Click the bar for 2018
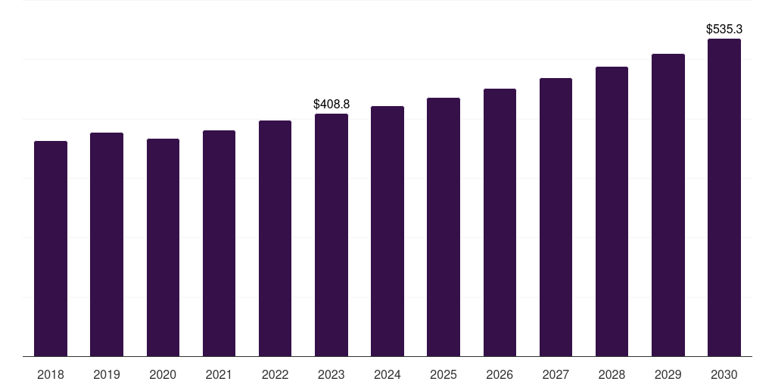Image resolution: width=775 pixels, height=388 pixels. pyautogui.click(x=51, y=249)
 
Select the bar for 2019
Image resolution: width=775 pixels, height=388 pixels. pyautogui.click(x=107, y=245)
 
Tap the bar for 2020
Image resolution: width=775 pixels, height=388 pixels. pyautogui.click(x=163, y=248)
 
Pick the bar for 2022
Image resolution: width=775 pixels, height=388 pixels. pyautogui.click(x=275, y=239)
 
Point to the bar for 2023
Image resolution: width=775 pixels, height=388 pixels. pyautogui.click(x=331, y=235)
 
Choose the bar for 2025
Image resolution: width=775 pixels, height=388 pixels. pyautogui.click(x=444, y=227)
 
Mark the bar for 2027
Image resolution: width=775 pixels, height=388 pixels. pyautogui.click(x=556, y=217)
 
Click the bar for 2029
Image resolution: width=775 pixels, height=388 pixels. pyautogui.click(x=668, y=205)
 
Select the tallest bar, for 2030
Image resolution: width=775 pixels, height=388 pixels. pyautogui.click(x=724, y=198)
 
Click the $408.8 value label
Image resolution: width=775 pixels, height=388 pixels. pyautogui.click(x=331, y=104)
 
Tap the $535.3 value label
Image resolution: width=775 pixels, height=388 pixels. pyautogui.click(x=724, y=30)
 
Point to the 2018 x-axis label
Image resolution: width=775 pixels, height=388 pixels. pyautogui.click(x=51, y=374)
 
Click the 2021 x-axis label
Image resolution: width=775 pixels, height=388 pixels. pyautogui.click(x=219, y=374)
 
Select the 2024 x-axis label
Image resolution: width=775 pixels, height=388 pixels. pyautogui.click(x=387, y=374)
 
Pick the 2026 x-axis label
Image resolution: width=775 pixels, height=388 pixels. pyautogui.click(x=500, y=374)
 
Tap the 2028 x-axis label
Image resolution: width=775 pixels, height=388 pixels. pyautogui.click(x=612, y=374)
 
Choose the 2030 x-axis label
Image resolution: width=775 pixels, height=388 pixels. pyautogui.click(x=724, y=374)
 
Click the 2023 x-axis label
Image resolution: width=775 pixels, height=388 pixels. pyautogui.click(x=331, y=374)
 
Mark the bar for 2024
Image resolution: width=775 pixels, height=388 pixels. pyautogui.click(x=387, y=231)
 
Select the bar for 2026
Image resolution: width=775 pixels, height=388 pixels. pyautogui.click(x=500, y=223)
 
